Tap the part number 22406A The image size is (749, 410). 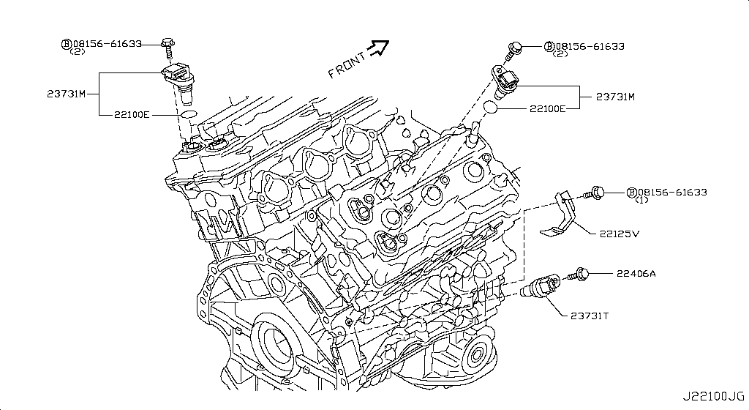[x=636, y=273]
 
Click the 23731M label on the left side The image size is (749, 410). [x=65, y=94]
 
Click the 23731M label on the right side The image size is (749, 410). [x=614, y=97]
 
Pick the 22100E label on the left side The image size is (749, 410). [x=132, y=115]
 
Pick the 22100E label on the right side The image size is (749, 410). [x=547, y=108]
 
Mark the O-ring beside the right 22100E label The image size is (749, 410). [x=492, y=108]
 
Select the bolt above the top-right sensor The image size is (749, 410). [x=513, y=51]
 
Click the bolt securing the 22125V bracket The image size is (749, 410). [x=595, y=193]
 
